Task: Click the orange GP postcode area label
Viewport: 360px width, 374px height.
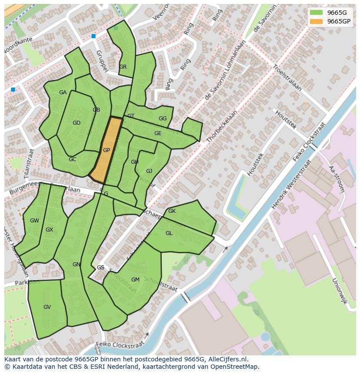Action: point(106,150)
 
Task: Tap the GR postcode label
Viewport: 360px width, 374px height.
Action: point(123,67)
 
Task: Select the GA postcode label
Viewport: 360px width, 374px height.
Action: point(63,93)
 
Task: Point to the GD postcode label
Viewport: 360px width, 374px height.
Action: point(77,123)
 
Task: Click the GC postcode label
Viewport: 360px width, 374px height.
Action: point(72,159)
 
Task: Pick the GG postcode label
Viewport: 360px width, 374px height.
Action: point(163,119)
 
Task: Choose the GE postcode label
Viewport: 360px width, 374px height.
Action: point(158,133)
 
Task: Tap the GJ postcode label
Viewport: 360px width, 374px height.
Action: point(149,171)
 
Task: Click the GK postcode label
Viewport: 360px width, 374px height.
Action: point(172,211)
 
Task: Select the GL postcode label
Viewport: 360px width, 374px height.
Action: point(169,233)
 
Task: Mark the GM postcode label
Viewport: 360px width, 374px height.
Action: point(135,280)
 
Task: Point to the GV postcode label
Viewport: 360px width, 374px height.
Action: point(47,307)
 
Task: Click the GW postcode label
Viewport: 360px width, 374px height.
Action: point(34,221)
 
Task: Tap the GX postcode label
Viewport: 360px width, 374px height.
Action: point(49,230)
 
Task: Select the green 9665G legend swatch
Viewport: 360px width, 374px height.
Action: point(316,13)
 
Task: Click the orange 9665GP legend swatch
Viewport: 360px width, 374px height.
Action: point(316,21)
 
